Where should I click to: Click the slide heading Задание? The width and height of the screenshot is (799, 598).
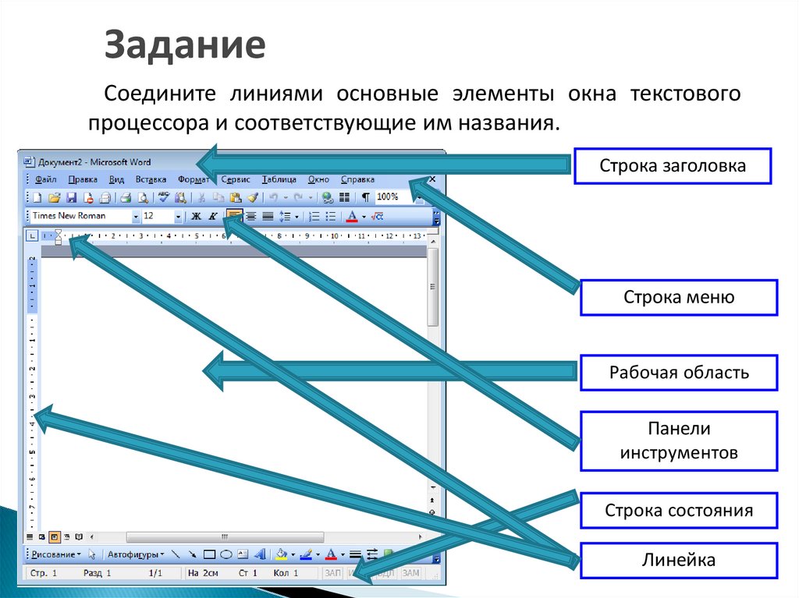pyautogui.click(x=186, y=45)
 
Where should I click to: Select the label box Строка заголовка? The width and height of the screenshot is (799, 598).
pyautogui.click(x=673, y=165)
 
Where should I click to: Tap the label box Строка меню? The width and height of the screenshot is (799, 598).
pyautogui.click(x=679, y=297)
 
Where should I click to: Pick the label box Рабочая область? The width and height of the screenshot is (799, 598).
pyautogui.click(x=679, y=372)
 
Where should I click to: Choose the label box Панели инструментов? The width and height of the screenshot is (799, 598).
pyautogui.click(x=679, y=441)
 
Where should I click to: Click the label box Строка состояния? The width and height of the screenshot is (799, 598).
pyautogui.click(x=679, y=511)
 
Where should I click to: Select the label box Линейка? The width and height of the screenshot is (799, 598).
pyautogui.click(x=679, y=560)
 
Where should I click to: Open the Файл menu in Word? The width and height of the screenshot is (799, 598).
pyautogui.click(x=46, y=179)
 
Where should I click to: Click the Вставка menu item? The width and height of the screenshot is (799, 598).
pyautogui.click(x=151, y=179)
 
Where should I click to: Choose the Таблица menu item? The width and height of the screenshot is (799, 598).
pyautogui.click(x=279, y=179)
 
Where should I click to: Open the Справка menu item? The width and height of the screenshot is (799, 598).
pyautogui.click(x=357, y=179)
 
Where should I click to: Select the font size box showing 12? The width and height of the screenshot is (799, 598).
pyautogui.click(x=157, y=216)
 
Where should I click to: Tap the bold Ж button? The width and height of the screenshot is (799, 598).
pyautogui.click(x=197, y=216)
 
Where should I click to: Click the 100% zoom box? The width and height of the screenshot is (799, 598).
pyautogui.click(x=388, y=197)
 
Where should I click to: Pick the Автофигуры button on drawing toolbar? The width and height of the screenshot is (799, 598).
pyautogui.click(x=133, y=555)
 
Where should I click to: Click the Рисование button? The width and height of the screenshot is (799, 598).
pyautogui.click(x=54, y=555)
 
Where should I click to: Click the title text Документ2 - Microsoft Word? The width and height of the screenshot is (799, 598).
pyautogui.click(x=94, y=162)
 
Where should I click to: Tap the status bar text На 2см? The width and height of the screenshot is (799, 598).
pyautogui.click(x=202, y=574)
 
